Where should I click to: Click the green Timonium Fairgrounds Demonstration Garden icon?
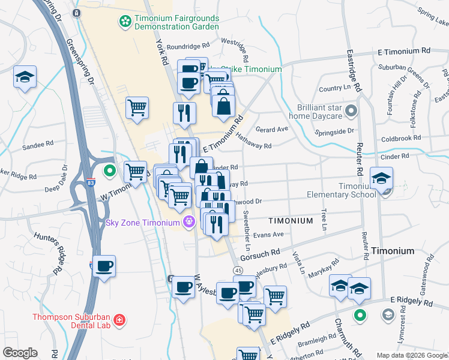125,22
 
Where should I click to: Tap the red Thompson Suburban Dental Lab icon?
120,320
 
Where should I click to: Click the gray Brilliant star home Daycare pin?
352,110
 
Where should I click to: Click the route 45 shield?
238,272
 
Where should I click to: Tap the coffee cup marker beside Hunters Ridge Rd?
104,265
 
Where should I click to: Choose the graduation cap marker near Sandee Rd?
25,77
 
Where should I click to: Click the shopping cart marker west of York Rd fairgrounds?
137,108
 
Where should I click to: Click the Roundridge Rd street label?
188,46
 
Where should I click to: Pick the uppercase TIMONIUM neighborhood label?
291,221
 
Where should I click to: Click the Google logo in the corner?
20,353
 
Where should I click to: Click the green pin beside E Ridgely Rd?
360,314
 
